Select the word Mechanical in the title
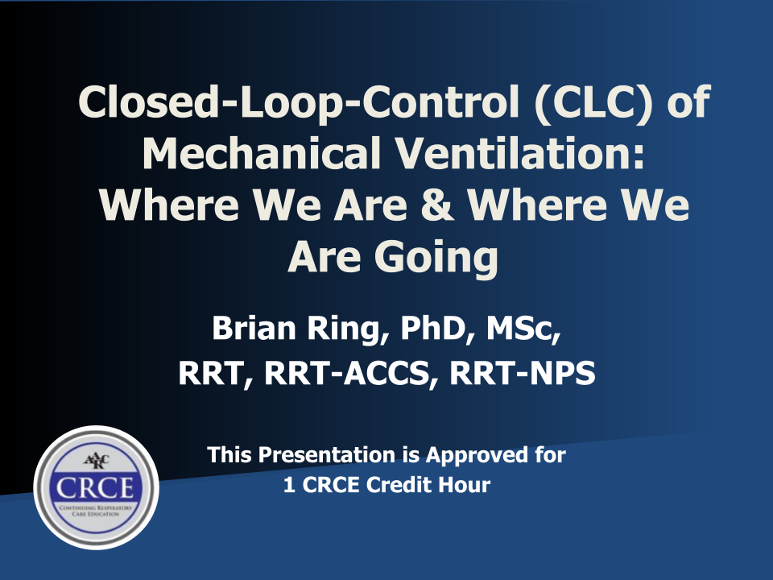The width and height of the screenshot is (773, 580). [x=262, y=153]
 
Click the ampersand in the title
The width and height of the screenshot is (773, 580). [x=437, y=205]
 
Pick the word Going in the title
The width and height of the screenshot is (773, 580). [x=436, y=258]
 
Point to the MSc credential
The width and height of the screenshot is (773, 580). [x=523, y=329]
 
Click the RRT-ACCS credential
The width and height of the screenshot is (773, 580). [x=352, y=373]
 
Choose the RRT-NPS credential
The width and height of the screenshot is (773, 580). [x=523, y=373]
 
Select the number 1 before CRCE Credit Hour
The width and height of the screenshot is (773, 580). [x=289, y=485]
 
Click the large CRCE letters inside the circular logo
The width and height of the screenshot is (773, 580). [x=95, y=488]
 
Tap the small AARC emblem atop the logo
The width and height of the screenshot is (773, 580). [x=96, y=461]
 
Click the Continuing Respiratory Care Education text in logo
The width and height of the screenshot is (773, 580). [x=96, y=511]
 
